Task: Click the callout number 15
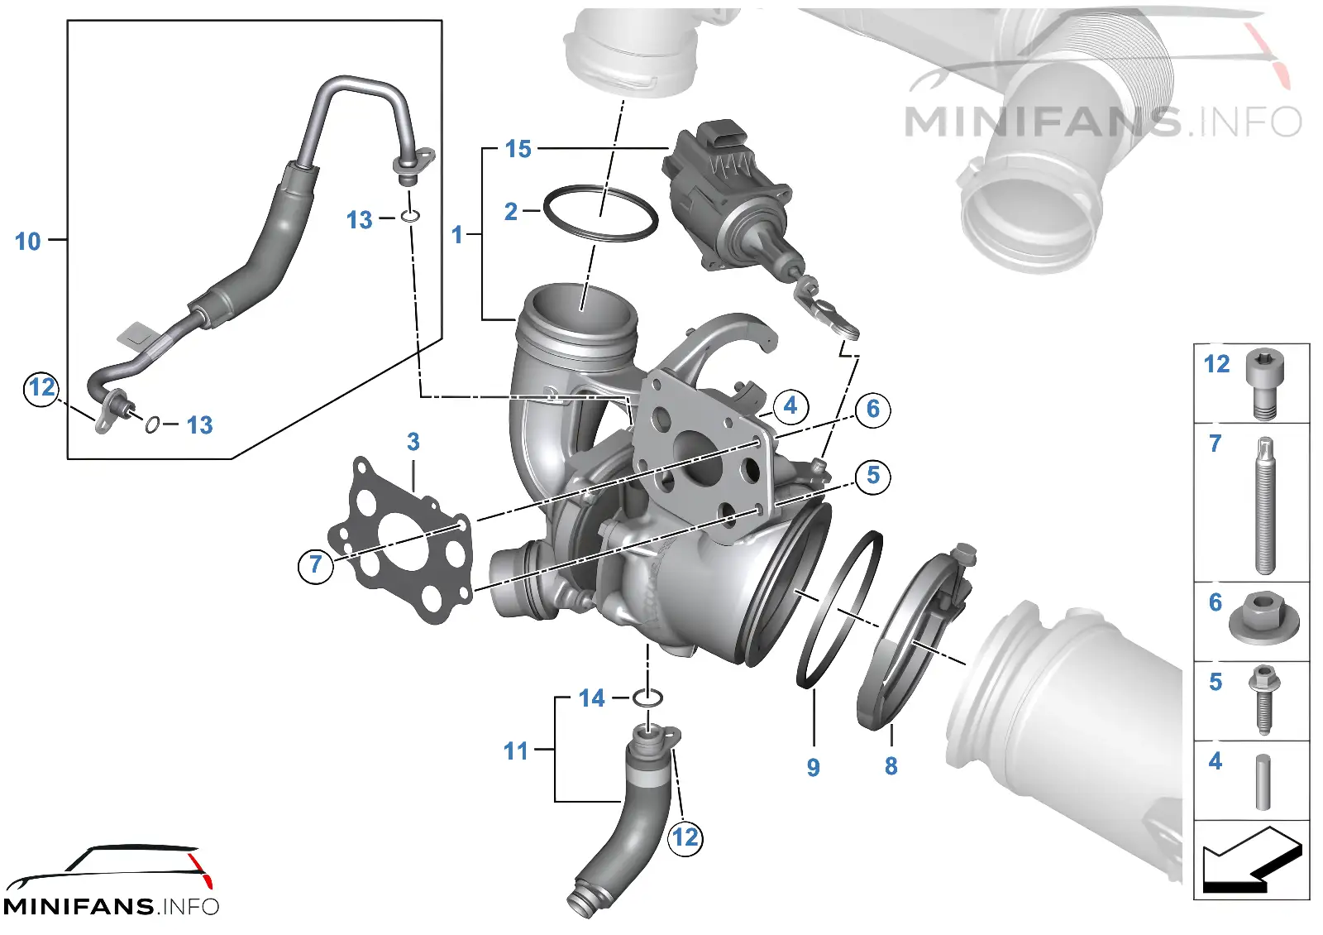coord(518,149)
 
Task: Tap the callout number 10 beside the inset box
coord(28,241)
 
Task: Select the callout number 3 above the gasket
coord(413,442)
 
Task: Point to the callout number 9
coord(814,767)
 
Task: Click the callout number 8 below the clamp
coord(891,766)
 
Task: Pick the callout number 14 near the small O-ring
coord(592,698)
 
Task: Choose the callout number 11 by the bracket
coord(516,751)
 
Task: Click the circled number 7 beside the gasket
coord(316,565)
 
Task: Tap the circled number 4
coord(790,406)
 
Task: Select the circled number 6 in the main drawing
coord(873,409)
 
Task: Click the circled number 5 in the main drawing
coord(873,476)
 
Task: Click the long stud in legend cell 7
coord(1264,506)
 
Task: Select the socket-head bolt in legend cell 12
coord(1264,384)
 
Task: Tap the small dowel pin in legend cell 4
coord(1263,782)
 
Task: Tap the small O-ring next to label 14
coord(647,698)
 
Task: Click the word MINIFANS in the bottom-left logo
coord(79,907)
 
